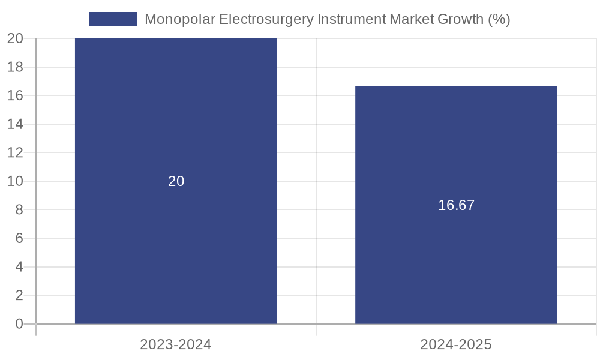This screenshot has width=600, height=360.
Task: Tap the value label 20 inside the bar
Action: pos(176,181)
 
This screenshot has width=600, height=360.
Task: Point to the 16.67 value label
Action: pos(456,205)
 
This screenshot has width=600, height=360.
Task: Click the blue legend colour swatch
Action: pos(113,19)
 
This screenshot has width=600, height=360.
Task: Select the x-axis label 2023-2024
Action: pos(176,344)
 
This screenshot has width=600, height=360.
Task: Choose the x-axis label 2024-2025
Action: pos(456,344)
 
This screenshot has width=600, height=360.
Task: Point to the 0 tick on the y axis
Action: pos(19,324)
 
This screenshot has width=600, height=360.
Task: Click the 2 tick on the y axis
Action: pos(19,295)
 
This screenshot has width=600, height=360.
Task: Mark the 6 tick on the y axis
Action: pos(19,238)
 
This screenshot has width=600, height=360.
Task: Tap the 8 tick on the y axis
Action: pos(19,209)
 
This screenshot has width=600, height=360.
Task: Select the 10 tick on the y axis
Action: pos(15,181)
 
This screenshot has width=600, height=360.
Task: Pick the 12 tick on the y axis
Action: pos(15,152)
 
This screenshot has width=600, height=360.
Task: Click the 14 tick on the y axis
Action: pos(15,124)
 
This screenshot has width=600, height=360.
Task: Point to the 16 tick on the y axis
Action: pos(15,95)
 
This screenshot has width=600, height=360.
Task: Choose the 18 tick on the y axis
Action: pos(15,67)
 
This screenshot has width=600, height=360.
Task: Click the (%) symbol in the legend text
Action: pos(499,19)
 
